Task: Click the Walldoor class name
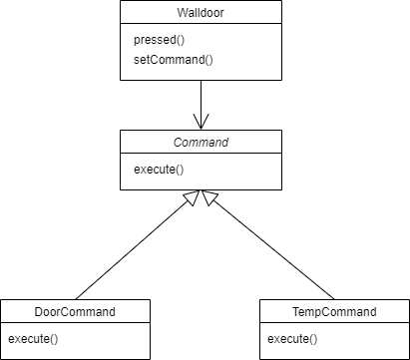[x=200, y=13]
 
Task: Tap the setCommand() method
[x=173, y=60]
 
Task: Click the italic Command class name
[x=201, y=143]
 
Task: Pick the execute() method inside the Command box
[x=160, y=170]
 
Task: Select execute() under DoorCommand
[x=29, y=339]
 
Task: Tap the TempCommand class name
[x=333, y=312]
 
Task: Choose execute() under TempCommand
[x=292, y=339]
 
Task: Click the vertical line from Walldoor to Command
[x=201, y=100]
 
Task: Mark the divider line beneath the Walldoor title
[x=201, y=26]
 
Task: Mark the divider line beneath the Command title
[x=201, y=156]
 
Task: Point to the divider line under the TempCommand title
[x=334, y=325]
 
